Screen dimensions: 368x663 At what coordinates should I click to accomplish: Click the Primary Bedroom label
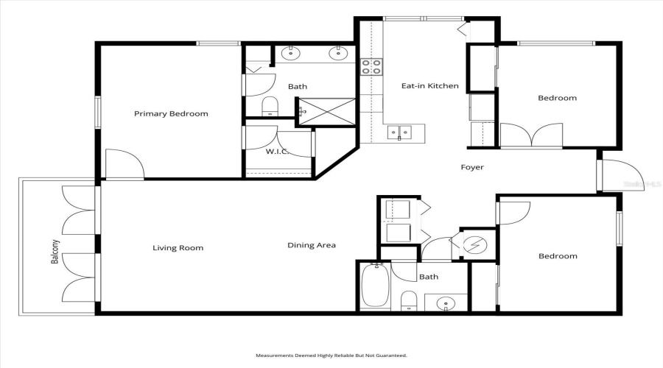pos(170,114)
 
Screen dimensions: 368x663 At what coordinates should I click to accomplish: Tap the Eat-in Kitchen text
pos(429,86)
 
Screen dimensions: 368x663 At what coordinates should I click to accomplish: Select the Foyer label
pos(472,168)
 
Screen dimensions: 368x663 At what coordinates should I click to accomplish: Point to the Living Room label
pos(178,248)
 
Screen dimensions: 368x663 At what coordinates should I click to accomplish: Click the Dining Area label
pos(311,246)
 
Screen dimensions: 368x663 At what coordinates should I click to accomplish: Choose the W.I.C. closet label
pos(276,152)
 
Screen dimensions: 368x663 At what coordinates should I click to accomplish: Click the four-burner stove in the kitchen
pos(371,67)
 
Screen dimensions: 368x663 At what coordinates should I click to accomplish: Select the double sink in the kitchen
pos(401,133)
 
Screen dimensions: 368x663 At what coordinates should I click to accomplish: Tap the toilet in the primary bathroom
pos(269,107)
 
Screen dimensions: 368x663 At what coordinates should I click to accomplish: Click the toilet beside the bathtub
pos(409,300)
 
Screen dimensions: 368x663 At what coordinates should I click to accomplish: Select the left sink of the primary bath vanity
pos(292,52)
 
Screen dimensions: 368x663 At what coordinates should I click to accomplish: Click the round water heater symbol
pos(474,244)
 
